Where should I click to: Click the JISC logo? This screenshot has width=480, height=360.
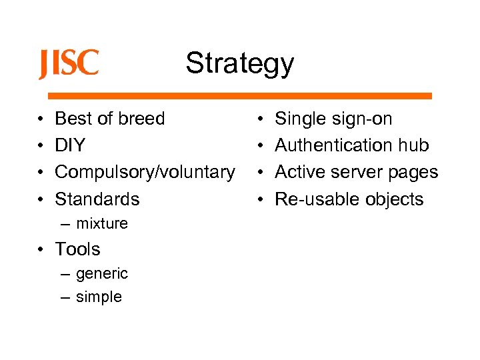68,65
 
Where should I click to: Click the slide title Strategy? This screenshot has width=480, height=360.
239,63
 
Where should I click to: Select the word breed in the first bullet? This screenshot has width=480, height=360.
141,119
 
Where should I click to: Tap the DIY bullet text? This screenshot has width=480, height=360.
69,145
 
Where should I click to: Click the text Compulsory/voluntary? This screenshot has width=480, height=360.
145,172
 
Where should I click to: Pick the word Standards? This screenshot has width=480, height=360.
97,199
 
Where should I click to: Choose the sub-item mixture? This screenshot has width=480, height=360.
101,223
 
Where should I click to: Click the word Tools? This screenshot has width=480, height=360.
77,249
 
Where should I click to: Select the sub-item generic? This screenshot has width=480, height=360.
101,273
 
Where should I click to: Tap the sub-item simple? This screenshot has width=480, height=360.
99,297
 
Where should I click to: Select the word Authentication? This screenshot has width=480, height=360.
333,145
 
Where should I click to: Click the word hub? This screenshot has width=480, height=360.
413,145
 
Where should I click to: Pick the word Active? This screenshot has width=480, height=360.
299,172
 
